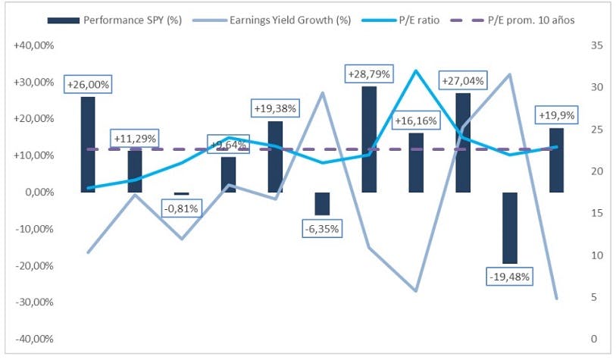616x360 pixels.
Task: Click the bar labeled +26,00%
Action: pyautogui.click(x=88, y=144)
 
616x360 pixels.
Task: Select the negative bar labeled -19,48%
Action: pyautogui.click(x=509, y=227)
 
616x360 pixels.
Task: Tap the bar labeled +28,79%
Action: pyautogui.click(x=369, y=139)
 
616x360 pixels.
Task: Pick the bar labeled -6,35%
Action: pyautogui.click(x=322, y=204)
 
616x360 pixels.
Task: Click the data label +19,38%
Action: pyautogui.click(x=275, y=108)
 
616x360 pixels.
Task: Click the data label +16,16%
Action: pyautogui.click(x=416, y=120)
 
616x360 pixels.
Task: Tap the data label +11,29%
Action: pyautogui.click(x=135, y=138)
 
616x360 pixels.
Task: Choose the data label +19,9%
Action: pyautogui.click(x=556, y=115)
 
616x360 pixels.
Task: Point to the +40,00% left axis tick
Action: pyautogui.click(x=33, y=45)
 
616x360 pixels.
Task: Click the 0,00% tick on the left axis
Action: pyautogui.click(x=36, y=193)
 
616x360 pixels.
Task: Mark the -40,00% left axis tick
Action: pyautogui.click(x=34, y=339)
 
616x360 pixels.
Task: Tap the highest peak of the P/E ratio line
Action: pyautogui.click(x=415, y=70)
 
